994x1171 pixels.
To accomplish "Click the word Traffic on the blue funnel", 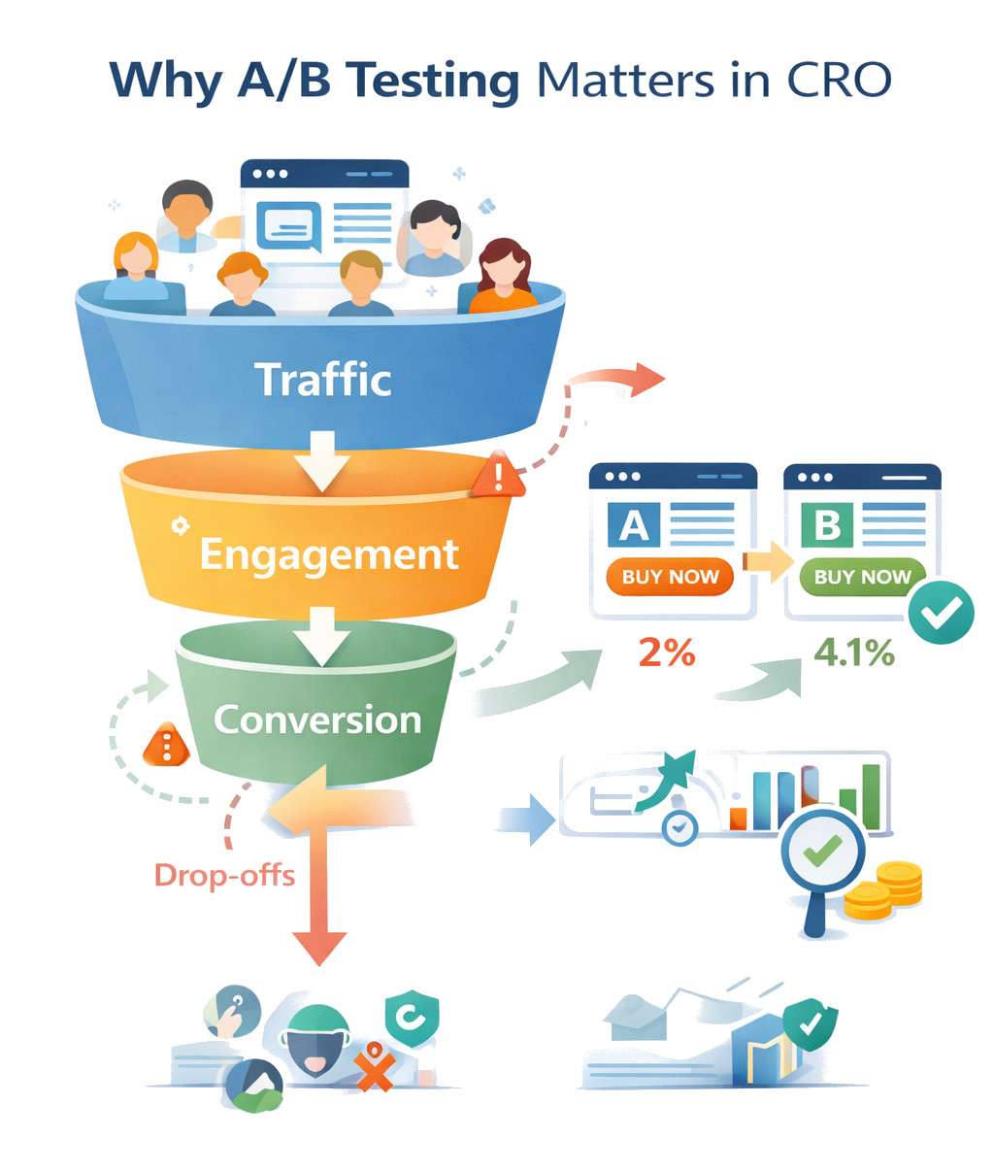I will click(322, 379).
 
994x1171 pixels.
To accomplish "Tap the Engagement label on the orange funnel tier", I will click(328, 554).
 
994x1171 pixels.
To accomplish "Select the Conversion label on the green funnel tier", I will click(317, 719).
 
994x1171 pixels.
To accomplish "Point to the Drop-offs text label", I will click(224, 875).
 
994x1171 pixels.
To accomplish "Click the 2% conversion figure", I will click(667, 652).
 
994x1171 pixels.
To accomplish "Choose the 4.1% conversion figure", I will click(854, 652).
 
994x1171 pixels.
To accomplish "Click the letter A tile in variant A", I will click(634, 525).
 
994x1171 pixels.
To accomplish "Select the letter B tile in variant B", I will click(827, 525).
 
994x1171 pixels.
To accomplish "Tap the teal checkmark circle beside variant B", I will click(940, 612).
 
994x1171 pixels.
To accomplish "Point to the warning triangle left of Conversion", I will click(167, 746).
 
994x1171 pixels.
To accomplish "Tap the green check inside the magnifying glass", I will click(823, 851).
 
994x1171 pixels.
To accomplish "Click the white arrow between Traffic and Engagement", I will click(322, 460).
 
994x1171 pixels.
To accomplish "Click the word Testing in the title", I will click(435, 80).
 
